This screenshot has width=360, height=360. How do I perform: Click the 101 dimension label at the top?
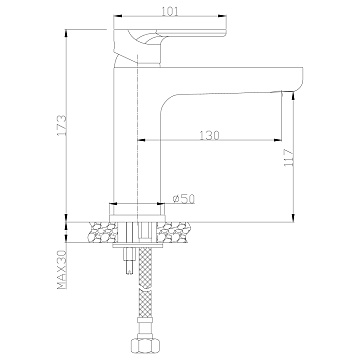[170, 11]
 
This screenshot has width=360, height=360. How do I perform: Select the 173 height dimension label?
[62, 125]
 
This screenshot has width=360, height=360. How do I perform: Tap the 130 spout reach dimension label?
[210, 135]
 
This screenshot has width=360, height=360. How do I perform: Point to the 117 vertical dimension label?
[288, 158]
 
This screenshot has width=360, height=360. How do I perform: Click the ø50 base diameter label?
[184, 199]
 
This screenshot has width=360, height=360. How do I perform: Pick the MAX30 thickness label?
[62, 270]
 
